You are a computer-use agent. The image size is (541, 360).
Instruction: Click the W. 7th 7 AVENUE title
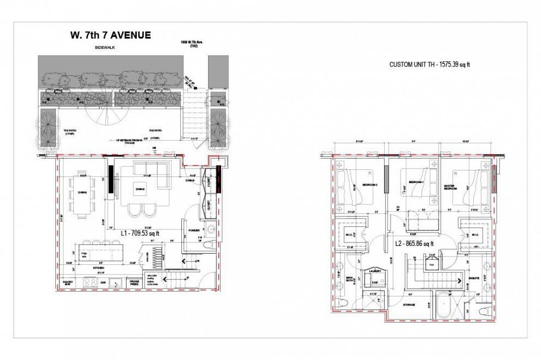[x=110, y=35]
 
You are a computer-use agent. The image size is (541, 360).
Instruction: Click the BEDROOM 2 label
[x=371, y=185]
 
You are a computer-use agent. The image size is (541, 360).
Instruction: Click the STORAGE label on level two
[x=408, y=304]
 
